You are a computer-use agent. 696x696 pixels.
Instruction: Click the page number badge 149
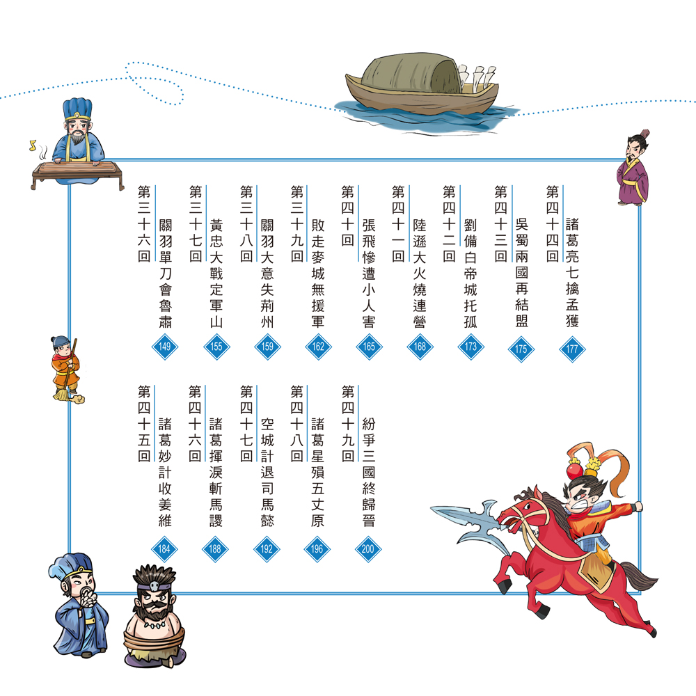[165, 347]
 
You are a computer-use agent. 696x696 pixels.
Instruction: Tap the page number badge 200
[368, 549]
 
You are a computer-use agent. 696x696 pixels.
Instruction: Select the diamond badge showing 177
[572, 349]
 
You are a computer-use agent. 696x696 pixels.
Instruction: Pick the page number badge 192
[267, 549]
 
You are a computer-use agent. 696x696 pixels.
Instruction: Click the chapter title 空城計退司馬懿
[267, 473]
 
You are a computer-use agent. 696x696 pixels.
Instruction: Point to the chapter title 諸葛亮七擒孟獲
[573, 273]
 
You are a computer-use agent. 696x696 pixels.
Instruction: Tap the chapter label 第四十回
[347, 216]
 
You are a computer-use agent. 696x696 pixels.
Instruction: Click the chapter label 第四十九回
[347, 423]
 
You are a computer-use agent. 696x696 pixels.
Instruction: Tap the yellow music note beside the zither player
[33, 145]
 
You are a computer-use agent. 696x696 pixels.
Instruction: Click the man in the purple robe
[633, 168]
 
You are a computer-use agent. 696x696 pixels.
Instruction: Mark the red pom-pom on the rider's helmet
[574, 469]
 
